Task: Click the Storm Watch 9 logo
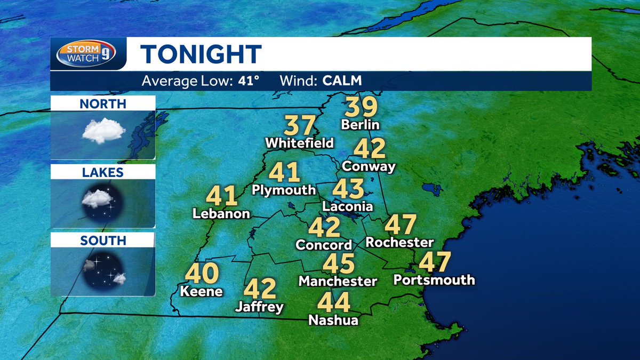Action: point(88,54)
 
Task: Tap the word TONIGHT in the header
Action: point(201,54)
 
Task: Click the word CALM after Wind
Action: point(342,82)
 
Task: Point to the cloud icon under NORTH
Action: point(103,130)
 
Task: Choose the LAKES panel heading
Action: point(103,172)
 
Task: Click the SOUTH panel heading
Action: point(103,241)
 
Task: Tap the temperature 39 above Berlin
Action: point(361,108)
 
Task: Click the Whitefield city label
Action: point(299,143)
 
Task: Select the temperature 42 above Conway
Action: point(369,149)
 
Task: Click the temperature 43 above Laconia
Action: point(348,189)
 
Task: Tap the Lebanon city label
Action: point(221,214)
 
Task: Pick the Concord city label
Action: point(324,245)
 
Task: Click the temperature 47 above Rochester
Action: point(400,225)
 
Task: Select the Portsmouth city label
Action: point(434,280)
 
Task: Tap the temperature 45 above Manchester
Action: point(338,263)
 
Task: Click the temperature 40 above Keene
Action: point(202,274)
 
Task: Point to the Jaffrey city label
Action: point(259,307)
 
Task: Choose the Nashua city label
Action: point(333,320)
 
